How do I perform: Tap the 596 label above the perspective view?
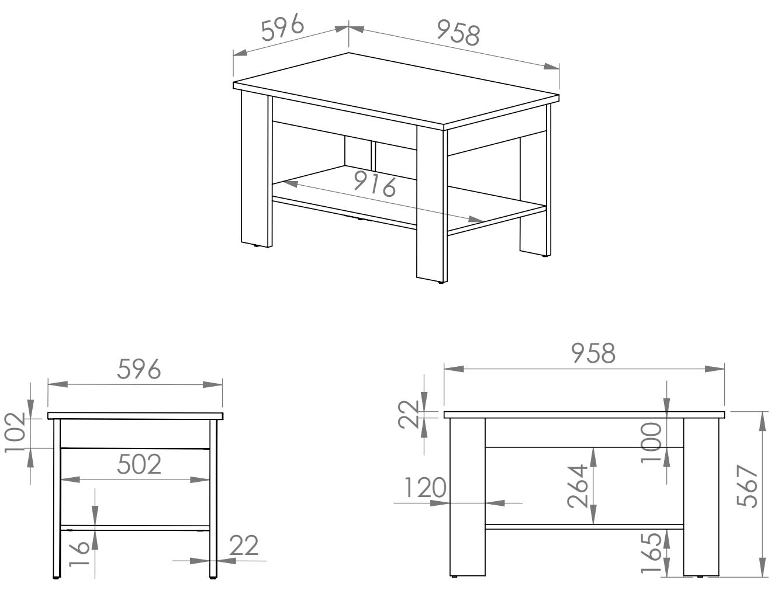283,27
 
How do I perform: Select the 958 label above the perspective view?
458,33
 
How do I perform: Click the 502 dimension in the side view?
139,464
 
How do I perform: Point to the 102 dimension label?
15,432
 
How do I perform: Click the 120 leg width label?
426,488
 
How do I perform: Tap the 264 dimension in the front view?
578,486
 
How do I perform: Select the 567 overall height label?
746,487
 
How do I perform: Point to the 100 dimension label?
651,443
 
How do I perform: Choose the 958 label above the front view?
593,353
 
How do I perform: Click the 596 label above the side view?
139,369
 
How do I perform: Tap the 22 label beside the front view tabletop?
409,414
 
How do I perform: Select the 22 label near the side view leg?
244,546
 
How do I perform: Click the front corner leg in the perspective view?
432,204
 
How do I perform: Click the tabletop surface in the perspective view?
396,89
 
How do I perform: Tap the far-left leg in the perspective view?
256,168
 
